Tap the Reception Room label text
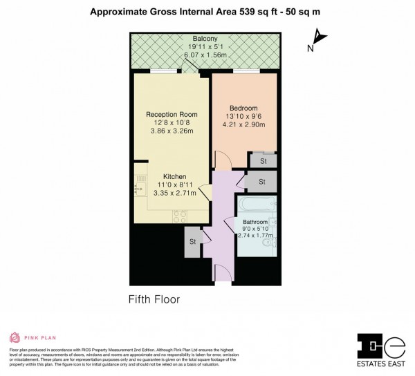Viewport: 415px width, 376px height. [172, 114]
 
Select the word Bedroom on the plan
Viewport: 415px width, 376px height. [243, 109]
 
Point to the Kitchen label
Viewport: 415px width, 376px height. [174, 177]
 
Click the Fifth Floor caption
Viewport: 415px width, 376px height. [154, 299]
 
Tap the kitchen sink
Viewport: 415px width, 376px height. [141, 183]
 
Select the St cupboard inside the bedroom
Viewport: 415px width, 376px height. [263, 161]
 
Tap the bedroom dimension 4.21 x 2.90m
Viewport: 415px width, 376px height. [243, 126]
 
